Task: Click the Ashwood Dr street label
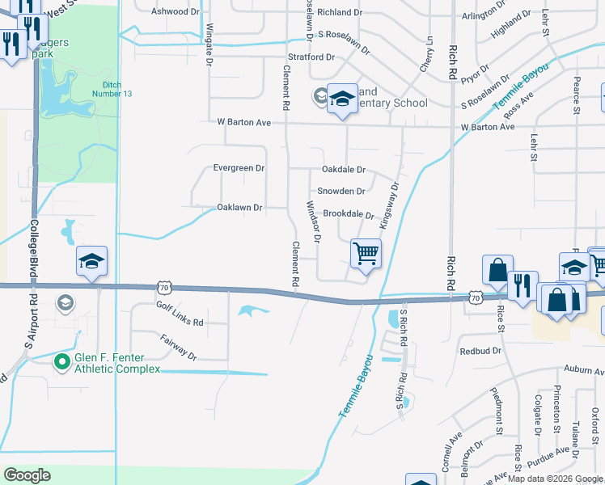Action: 176,12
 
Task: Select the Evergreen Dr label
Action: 239,168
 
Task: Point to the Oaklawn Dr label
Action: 239,208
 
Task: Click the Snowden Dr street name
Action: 341,192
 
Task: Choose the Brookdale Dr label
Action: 349,215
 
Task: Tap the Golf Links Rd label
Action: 180,314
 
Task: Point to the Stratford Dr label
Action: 311,57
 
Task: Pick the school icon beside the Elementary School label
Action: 342,99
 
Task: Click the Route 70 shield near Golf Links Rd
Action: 164,287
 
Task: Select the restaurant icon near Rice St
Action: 522,285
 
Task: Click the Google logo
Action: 27,475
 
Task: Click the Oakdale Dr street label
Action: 344,170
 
